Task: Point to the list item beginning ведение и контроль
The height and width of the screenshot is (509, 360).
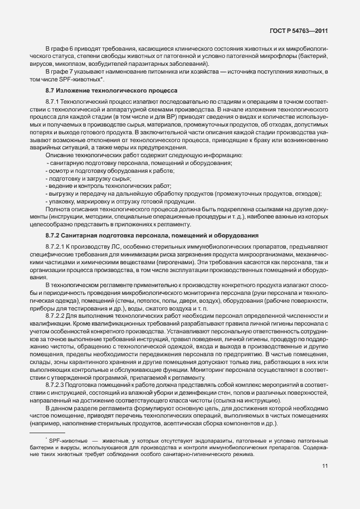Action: (x=109, y=186)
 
